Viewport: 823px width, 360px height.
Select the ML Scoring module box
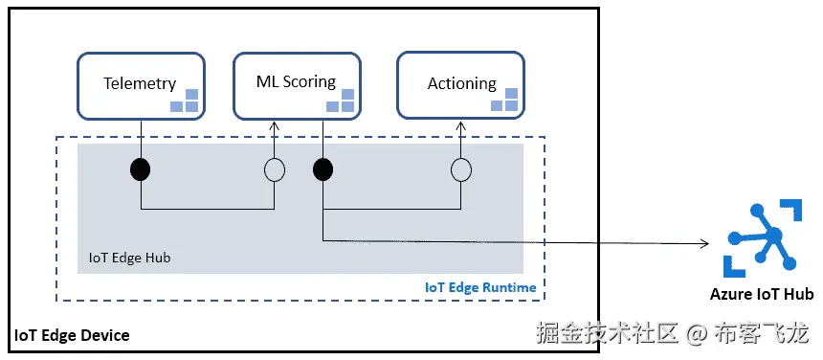pyautogui.click(x=298, y=86)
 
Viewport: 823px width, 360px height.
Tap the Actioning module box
pyautogui.click(x=460, y=86)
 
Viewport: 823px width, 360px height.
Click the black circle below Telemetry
pyautogui.click(x=141, y=170)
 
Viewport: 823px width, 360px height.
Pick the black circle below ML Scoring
pyautogui.click(x=323, y=170)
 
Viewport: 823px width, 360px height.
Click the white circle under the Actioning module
pyautogui.click(x=461, y=170)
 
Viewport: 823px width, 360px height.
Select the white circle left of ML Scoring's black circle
pyautogui.click(x=275, y=170)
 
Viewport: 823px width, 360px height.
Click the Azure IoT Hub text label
pyautogui.click(x=762, y=294)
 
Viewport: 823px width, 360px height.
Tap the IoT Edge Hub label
pyautogui.click(x=129, y=258)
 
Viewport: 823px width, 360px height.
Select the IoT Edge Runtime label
pyautogui.click(x=479, y=287)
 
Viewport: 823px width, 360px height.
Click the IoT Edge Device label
pyautogui.click(x=72, y=335)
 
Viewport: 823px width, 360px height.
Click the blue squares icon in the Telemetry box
pyautogui.click(x=185, y=101)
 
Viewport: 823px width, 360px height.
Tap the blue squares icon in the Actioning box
pyautogui.click(x=505, y=100)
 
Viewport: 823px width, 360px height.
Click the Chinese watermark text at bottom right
pyautogui.click(x=672, y=333)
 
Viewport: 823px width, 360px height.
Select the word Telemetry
pyautogui.click(x=140, y=83)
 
